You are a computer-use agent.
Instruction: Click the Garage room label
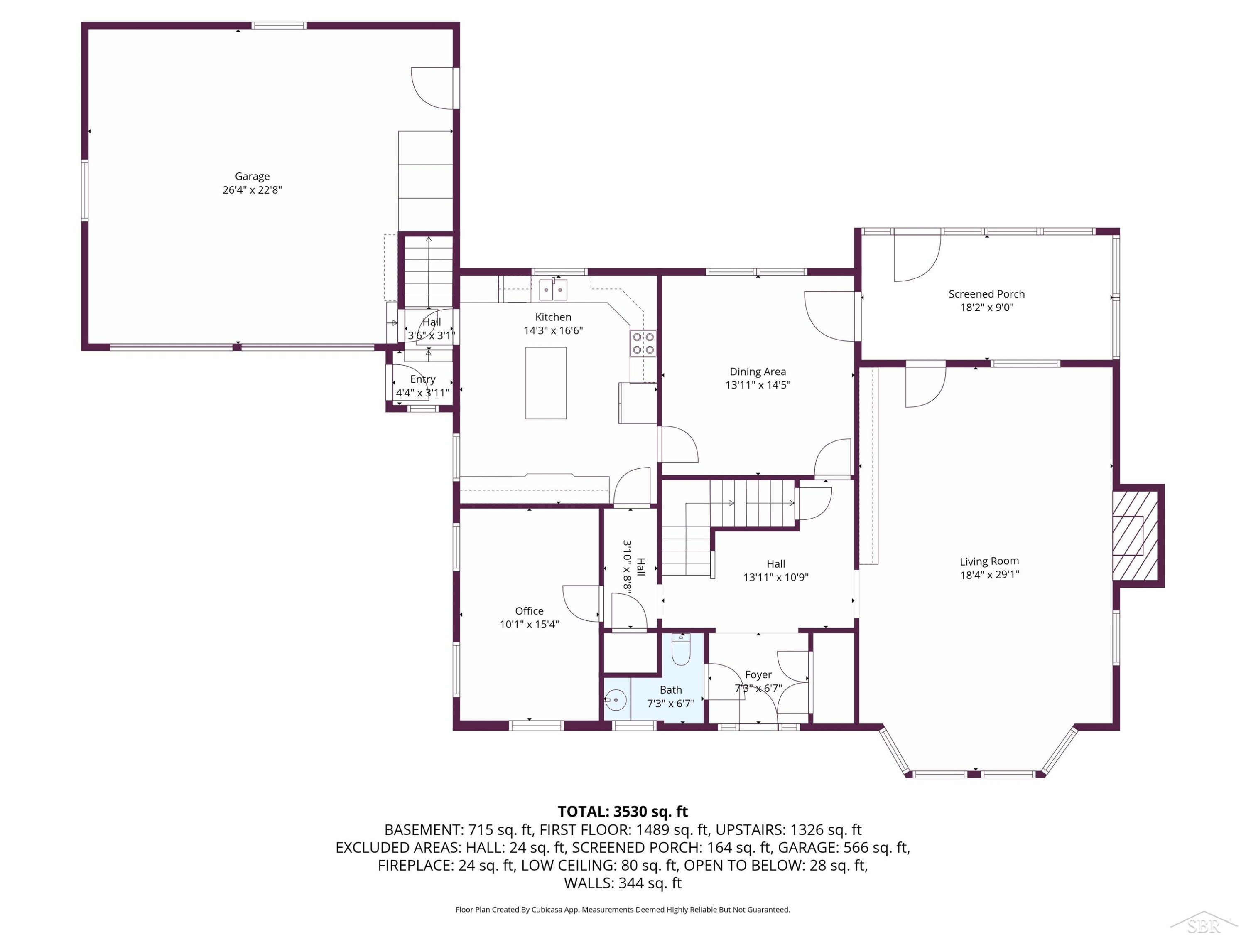pos(253,177)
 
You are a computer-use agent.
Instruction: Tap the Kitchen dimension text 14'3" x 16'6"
pos(553,330)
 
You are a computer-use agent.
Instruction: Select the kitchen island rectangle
pos(546,383)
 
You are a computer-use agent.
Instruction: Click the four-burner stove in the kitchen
pos(643,343)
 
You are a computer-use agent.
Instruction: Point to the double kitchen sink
pos(553,290)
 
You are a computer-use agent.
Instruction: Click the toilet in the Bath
pos(681,650)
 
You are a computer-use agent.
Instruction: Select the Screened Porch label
pos(986,294)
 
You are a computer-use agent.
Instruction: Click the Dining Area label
pos(758,372)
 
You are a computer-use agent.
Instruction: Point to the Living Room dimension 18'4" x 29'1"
pos(990,575)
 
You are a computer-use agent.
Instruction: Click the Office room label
pos(529,611)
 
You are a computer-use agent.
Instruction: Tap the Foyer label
pos(758,674)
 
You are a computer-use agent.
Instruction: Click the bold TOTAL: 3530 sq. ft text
pos(623,812)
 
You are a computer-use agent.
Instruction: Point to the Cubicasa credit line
pos(623,910)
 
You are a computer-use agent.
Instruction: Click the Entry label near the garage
pos(422,380)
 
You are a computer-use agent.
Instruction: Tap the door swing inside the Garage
pos(432,89)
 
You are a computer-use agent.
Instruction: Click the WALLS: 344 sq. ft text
pos(623,883)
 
